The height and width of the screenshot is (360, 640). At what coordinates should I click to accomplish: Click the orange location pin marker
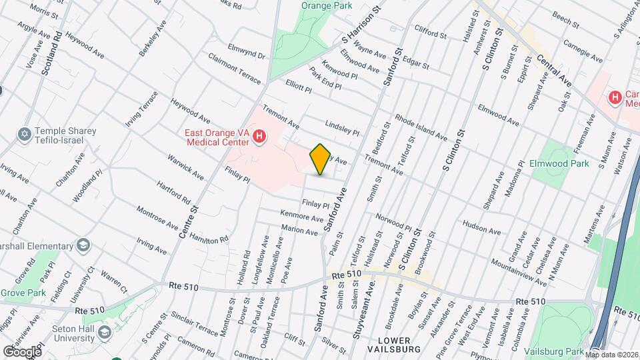click(x=321, y=159)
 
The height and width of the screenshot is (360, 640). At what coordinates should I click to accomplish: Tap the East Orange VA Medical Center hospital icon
click(x=260, y=138)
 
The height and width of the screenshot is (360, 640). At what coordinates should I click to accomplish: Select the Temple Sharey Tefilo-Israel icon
click(x=25, y=135)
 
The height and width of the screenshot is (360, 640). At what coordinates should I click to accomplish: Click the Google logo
click(x=22, y=351)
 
